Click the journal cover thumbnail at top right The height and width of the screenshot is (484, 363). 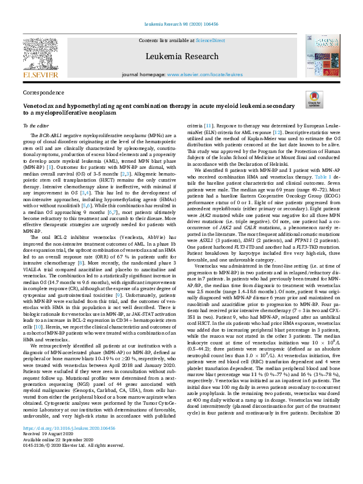(323, 55)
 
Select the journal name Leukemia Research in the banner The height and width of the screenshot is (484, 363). (181, 56)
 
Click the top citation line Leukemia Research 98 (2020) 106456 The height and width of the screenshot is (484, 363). (181, 25)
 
